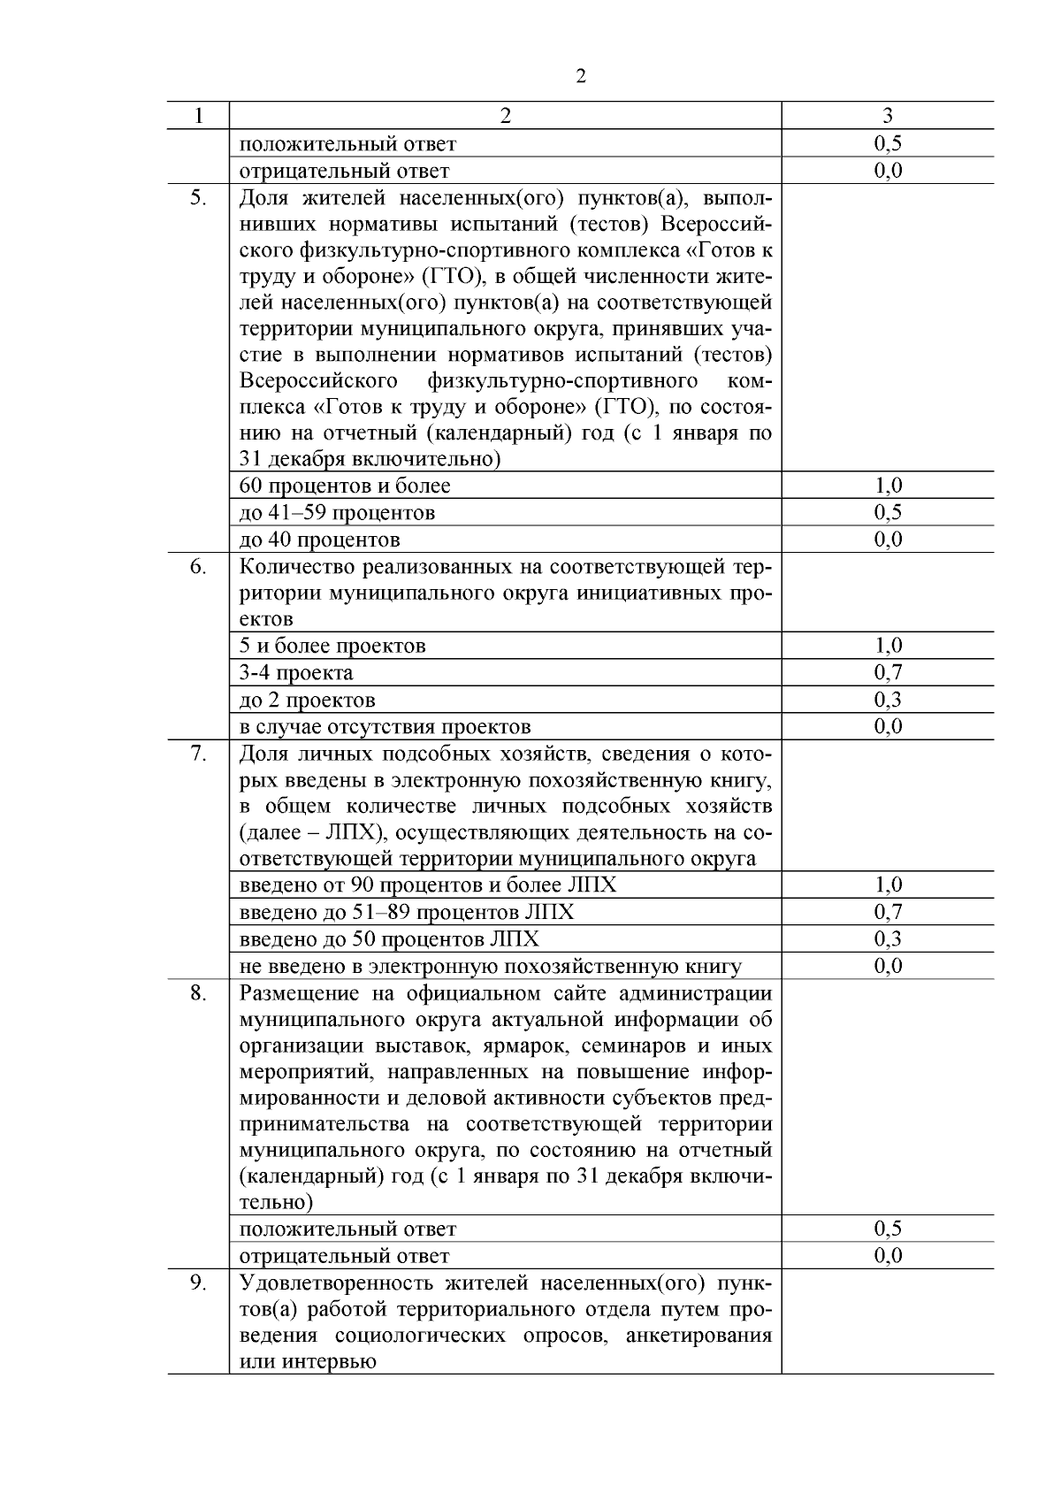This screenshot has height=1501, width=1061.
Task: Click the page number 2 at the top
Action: click(580, 77)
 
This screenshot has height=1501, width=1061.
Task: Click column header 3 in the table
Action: click(888, 116)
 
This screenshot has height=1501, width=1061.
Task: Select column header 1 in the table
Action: click(198, 116)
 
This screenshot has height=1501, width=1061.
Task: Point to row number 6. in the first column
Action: click(198, 566)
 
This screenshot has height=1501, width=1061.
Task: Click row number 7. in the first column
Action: click(198, 754)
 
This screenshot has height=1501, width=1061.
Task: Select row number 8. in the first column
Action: click(198, 993)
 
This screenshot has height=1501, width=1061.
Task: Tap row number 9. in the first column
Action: click(198, 1283)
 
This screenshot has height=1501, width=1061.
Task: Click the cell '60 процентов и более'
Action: click(345, 486)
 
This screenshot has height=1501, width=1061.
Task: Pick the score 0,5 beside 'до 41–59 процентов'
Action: click(888, 513)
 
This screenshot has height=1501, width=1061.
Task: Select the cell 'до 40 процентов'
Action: click(320, 540)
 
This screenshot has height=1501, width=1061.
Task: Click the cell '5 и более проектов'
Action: click(332, 647)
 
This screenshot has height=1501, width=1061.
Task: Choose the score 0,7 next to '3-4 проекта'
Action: click(888, 673)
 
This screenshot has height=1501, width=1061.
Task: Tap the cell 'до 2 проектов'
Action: click(308, 701)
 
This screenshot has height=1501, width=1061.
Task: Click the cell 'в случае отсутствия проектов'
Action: click(385, 727)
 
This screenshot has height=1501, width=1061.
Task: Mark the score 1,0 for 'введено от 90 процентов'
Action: click(888, 885)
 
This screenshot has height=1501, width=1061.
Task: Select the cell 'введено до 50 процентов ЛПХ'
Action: click(389, 939)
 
